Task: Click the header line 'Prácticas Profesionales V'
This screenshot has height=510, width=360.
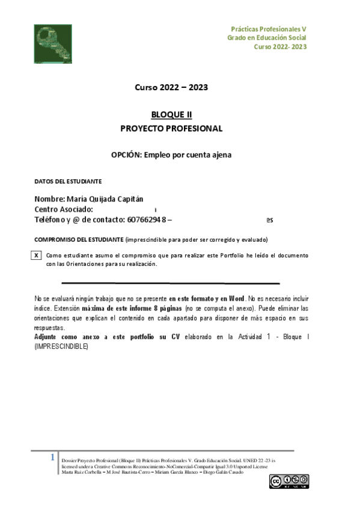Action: pyautogui.click(x=269, y=29)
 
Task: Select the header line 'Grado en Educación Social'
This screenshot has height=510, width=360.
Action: pyautogui.click(x=266, y=37)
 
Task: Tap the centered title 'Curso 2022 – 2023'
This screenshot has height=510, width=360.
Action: pyautogui.click(x=171, y=87)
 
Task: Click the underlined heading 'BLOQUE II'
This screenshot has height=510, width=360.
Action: pyautogui.click(x=171, y=115)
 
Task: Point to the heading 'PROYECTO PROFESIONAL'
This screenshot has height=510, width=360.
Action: pyautogui.click(x=171, y=128)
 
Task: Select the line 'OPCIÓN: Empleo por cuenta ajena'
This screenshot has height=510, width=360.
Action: pyautogui.click(x=171, y=155)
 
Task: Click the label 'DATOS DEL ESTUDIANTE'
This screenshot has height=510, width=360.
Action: pyautogui.click(x=68, y=181)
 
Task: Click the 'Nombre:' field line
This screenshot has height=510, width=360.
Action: pyautogui.click(x=88, y=199)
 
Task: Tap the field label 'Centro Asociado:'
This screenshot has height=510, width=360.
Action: pyautogui.click(x=64, y=209)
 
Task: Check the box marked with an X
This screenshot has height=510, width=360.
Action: pyautogui.click(x=36, y=256)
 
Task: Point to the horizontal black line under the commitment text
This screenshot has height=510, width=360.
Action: pyautogui.click(x=170, y=283)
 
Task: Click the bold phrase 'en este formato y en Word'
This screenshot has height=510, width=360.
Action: pyautogui.click(x=207, y=298)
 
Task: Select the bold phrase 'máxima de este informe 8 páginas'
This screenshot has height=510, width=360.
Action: pyautogui.click(x=124, y=307)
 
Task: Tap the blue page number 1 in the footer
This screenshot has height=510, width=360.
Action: pyautogui.click(x=53, y=458)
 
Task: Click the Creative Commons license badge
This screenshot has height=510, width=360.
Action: pyautogui.click(x=288, y=481)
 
